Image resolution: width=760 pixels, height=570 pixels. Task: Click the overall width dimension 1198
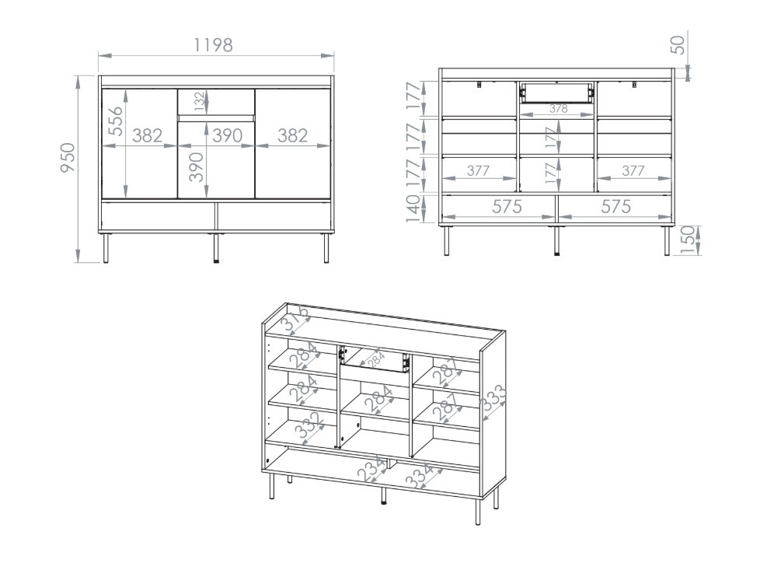click(x=213, y=45)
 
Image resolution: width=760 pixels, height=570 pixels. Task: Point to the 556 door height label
click(x=115, y=121)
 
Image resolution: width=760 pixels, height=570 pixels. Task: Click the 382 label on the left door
click(x=147, y=136)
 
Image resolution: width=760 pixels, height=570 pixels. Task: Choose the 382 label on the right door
click(x=292, y=136)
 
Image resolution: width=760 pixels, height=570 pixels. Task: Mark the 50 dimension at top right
click(x=679, y=44)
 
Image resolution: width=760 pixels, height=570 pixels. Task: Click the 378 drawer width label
click(x=558, y=109)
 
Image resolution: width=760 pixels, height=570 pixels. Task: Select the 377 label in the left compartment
click(x=478, y=171)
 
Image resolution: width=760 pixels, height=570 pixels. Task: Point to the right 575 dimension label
click(x=615, y=206)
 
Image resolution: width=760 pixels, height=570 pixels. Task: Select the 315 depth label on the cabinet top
click(x=297, y=319)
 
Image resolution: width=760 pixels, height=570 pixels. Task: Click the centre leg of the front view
click(x=215, y=247)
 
